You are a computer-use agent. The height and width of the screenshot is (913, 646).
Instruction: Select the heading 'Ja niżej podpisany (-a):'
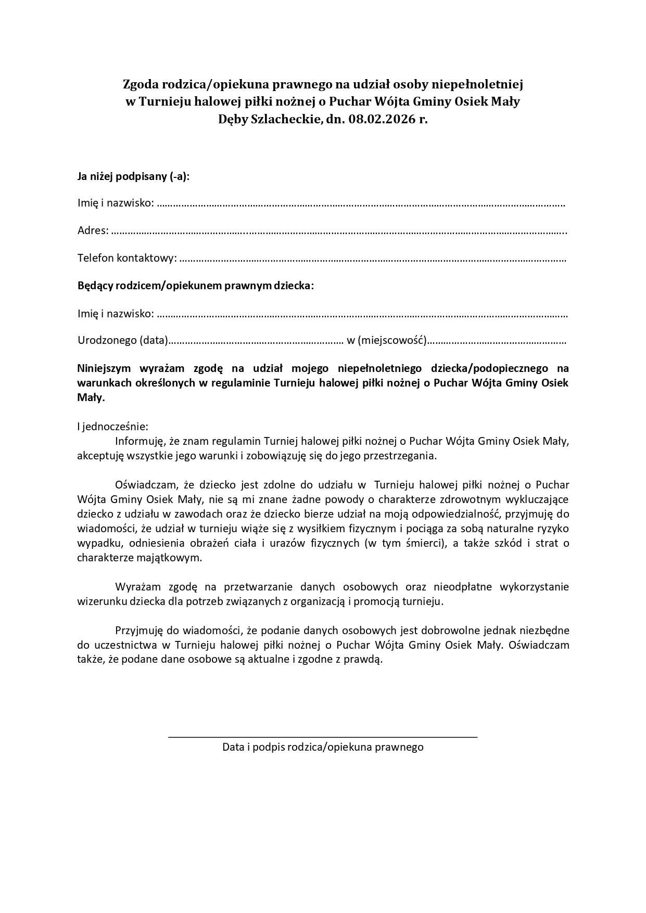[133, 176]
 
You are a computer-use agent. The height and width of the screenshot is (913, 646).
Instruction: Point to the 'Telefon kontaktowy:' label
[127, 258]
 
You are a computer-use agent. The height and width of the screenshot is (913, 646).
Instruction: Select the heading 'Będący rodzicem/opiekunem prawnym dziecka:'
[196, 286]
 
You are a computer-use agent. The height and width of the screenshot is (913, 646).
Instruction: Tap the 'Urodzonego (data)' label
[122, 341]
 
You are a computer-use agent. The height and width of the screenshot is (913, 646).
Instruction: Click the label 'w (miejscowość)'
[386, 341]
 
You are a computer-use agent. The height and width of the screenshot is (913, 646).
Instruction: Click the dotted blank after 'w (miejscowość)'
[497, 341]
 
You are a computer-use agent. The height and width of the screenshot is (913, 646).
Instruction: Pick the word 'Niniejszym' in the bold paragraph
[104, 368]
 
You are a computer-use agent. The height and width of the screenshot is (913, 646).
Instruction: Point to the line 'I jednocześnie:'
[112, 427]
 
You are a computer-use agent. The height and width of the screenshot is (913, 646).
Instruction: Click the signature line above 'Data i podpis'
[323, 737]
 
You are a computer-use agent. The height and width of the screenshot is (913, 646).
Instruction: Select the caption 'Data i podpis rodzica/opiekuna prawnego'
[323, 748]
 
